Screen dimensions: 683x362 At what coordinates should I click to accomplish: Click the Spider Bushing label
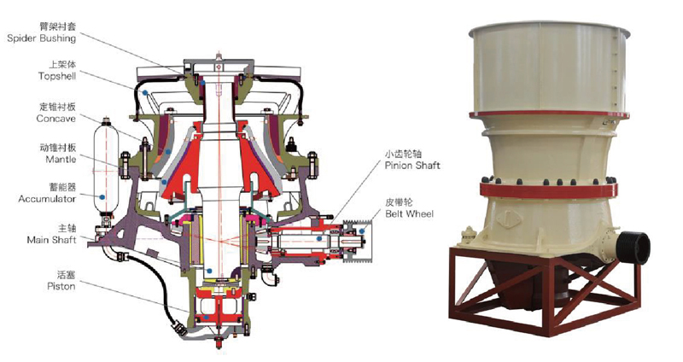pyautogui.click(x=41, y=38)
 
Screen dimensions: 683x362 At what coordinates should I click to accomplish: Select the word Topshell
pyautogui.click(x=57, y=76)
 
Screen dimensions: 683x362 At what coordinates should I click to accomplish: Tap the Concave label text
pyautogui.click(x=55, y=119)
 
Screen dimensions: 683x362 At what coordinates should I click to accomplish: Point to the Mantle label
pyautogui.click(x=61, y=160)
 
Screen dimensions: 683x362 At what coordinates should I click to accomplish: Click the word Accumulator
pyautogui.click(x=47, y=199)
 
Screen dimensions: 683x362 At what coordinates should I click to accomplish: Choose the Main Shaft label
pyautogui.click(x=51, y=240)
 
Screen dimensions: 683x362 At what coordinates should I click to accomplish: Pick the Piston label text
pyautogui.click(x=61, y=287)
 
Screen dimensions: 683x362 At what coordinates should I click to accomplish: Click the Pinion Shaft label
pyautogui.click(x=412, y=166)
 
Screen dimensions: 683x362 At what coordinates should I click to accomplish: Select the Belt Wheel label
pyautogui.click(x=410, y=214)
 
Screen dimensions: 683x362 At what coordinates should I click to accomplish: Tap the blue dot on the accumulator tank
pyautogui.click(x=102, y=197)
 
